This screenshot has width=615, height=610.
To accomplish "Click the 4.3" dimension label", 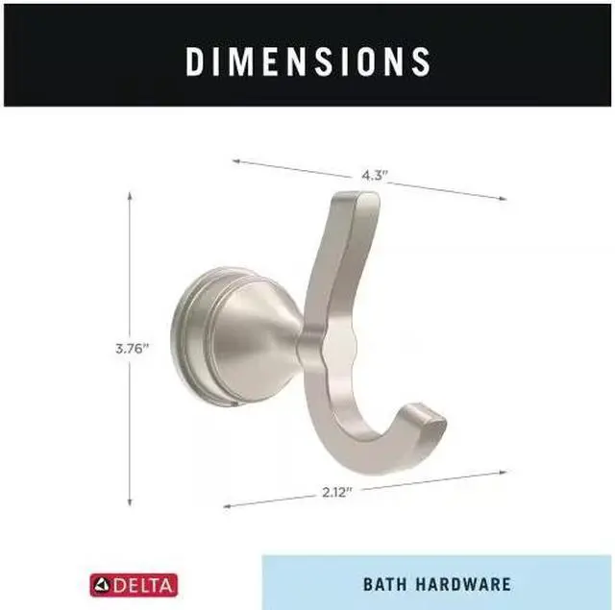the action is click(374, 175).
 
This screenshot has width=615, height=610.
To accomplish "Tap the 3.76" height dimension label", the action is click(133, 348).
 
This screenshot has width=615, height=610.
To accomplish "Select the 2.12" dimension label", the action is click(337, 492).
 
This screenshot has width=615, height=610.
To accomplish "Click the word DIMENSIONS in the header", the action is click(307, 61).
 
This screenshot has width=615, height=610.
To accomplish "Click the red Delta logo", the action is click(134, 585).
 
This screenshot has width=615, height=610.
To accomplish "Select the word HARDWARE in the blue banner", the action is click(463, 584).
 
